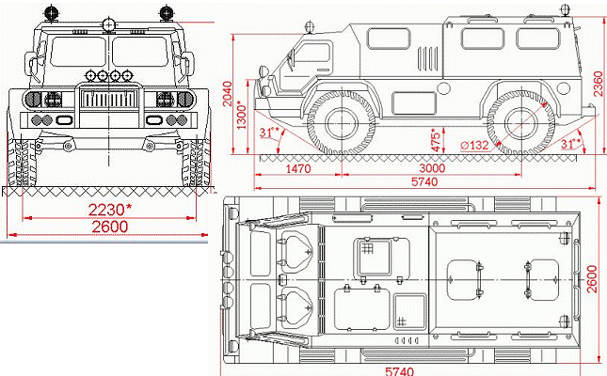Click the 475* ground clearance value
pos(434,142)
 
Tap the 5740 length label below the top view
pos(399,369)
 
